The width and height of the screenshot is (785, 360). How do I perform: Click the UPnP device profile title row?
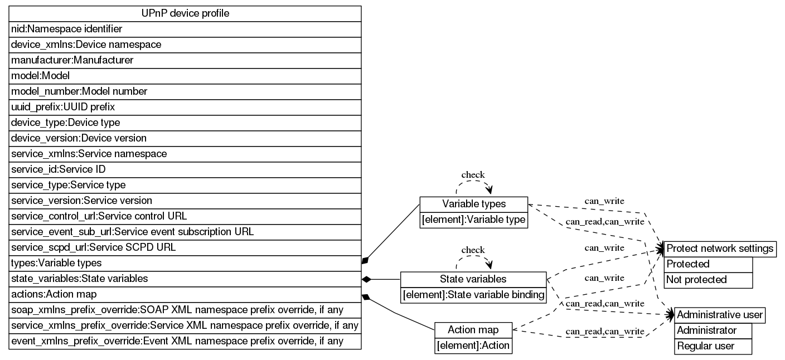point(185,13)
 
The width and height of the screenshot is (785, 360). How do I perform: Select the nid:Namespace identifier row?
point(185,29)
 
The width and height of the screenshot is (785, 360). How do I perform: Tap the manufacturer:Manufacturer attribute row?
point(185,60)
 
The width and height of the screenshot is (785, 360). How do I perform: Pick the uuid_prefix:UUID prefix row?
point(185,107)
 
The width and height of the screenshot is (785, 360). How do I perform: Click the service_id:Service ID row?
point(185,169)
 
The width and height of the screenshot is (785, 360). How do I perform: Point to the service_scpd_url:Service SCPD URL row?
point(185,247)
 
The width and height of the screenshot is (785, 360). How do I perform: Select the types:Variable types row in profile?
point(185,263)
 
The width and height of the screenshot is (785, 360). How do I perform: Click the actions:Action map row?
point(185,294)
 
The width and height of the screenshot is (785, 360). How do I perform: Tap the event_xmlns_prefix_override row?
point(185,341)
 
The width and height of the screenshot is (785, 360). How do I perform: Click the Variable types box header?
point(473,204)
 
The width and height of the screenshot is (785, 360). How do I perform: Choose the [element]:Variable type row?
point(473,220)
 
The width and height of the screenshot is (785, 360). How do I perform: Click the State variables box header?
point(473,279)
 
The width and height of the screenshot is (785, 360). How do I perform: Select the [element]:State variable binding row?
point(473,295)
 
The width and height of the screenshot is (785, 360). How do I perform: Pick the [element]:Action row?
point(473,346)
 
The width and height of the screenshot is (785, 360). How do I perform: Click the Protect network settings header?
point(720,249)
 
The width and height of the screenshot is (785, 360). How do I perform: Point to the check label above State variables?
point(473,250)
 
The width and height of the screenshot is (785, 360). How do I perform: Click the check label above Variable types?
point(473,175)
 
